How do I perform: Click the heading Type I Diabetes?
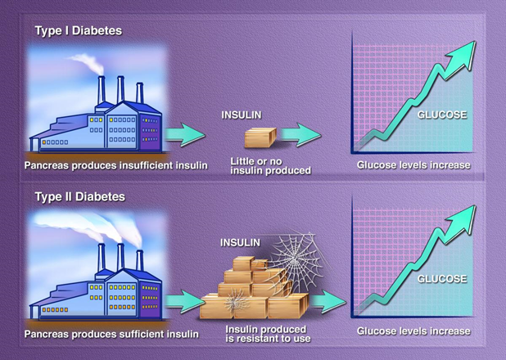coord(78,30)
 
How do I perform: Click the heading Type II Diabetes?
coord(79,196)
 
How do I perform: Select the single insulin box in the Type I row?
coord(261,136)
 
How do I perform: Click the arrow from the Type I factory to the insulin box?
coord(186,134)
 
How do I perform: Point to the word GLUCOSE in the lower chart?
coord(441,279)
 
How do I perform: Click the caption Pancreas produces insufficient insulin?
coord(115,165)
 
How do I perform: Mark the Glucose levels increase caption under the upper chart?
coord(413,165)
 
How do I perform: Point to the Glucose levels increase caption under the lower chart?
coord(413,331)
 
